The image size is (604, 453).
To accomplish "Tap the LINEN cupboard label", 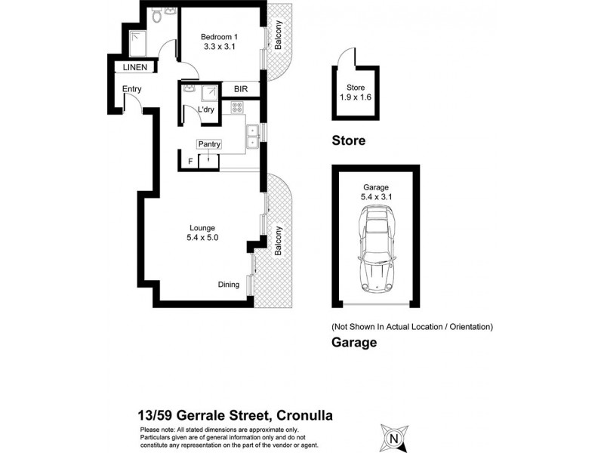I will pos(134,68).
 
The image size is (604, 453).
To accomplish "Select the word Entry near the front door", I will pos(131,90).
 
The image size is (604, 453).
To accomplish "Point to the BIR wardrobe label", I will pos(241,89).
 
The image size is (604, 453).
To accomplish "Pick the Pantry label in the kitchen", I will pos(209,143).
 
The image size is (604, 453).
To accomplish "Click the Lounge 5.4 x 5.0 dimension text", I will pos(202,233).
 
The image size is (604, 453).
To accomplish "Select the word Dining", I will pos(229,285).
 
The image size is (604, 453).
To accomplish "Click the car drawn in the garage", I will pos(375,248).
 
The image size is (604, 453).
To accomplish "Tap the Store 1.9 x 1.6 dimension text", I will pos(355,92).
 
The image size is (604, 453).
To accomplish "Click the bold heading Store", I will pos(349,140).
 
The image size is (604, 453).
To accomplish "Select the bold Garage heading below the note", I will pos(354,342).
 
